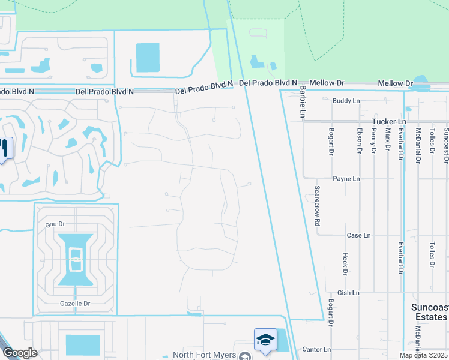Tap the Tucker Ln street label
click(x=389, y=122)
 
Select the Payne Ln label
click(x=346, y=179)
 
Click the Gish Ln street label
click(x=348, y=293)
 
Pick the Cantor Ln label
click(x=316, y=349)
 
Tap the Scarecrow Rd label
click(x=316, y=205)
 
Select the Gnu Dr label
click(x=55, y=224)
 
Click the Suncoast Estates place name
click(x=429, y=312)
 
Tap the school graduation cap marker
click(x=265, y=340)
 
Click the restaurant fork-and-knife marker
click(x=5, y=148)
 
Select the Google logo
click(x=19, y=353)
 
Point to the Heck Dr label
click(x=345, y=264)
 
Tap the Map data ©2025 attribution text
click(x=423, y=355)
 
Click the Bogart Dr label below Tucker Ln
click(x=331, y=142)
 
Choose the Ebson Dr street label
click(x=359, y=142)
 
